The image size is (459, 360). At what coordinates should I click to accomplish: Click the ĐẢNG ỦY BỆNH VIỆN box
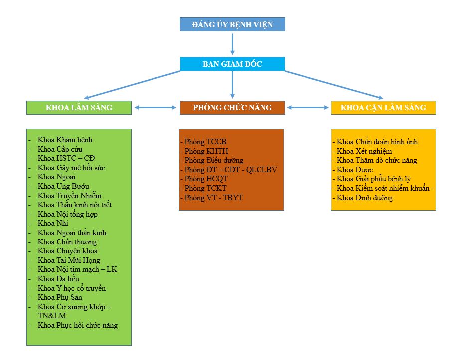tap(232, 24)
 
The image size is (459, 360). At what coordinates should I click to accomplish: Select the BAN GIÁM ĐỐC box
tap(232, 64)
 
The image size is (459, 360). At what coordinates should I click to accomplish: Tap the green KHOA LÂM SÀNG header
tap(79, 108)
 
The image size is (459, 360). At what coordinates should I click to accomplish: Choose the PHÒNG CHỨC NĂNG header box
tap(232, 108)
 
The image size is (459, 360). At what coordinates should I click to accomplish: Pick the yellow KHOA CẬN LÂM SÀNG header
tap(383, 108)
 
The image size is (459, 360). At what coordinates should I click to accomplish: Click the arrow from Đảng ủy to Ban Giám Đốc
tap(232, 44)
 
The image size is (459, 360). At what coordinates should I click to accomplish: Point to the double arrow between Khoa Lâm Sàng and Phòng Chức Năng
tap(155, 107)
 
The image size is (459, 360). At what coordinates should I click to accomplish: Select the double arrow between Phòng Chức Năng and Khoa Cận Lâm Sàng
tap(308, 107)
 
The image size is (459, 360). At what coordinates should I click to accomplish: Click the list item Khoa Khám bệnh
tap(65, 140)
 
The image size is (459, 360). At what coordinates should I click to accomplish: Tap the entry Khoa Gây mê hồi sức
tap(71, 168)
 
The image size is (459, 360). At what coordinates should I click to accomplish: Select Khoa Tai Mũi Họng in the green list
tap(69, 260)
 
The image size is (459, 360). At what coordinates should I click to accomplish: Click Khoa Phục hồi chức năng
tap(77, 325)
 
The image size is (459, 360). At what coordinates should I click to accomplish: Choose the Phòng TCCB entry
tap(205, 142)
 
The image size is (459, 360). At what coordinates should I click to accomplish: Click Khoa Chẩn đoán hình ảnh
tap(377, 142)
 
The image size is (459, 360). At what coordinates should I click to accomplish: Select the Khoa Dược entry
tap(354, 170)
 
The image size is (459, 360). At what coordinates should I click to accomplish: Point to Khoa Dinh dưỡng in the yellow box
tap(364, 198)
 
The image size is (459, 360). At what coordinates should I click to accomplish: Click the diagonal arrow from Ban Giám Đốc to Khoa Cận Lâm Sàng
tap(334, 85)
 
